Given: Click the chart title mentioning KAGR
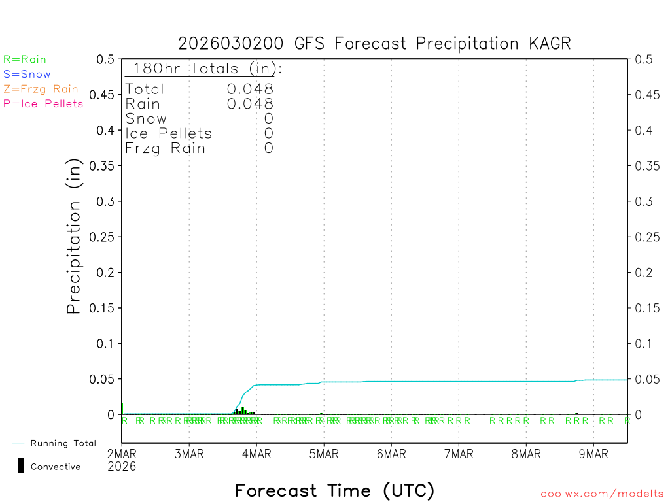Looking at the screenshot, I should tap(374, 44).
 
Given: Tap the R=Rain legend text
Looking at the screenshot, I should tap(25, 59).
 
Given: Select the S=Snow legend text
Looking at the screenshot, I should tap(27, 75).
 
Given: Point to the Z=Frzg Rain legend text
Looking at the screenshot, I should tap(41, 89).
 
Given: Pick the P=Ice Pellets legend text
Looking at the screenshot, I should tap(43, 103).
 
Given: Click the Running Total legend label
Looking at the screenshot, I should tap(63, 443).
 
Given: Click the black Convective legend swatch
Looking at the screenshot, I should tap(21, 465).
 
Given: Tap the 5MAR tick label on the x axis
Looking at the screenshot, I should tap(323, 454).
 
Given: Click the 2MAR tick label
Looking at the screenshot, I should tap(122, 454).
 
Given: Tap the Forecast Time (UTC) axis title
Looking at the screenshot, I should tap(334, 490).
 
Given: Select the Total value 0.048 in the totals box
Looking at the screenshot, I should tap(250, 89).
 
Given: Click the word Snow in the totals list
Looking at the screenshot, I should tap(146, 119).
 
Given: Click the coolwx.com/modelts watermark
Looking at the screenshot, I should tap(602, 494).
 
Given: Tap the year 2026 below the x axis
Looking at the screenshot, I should tap(122, 466).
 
